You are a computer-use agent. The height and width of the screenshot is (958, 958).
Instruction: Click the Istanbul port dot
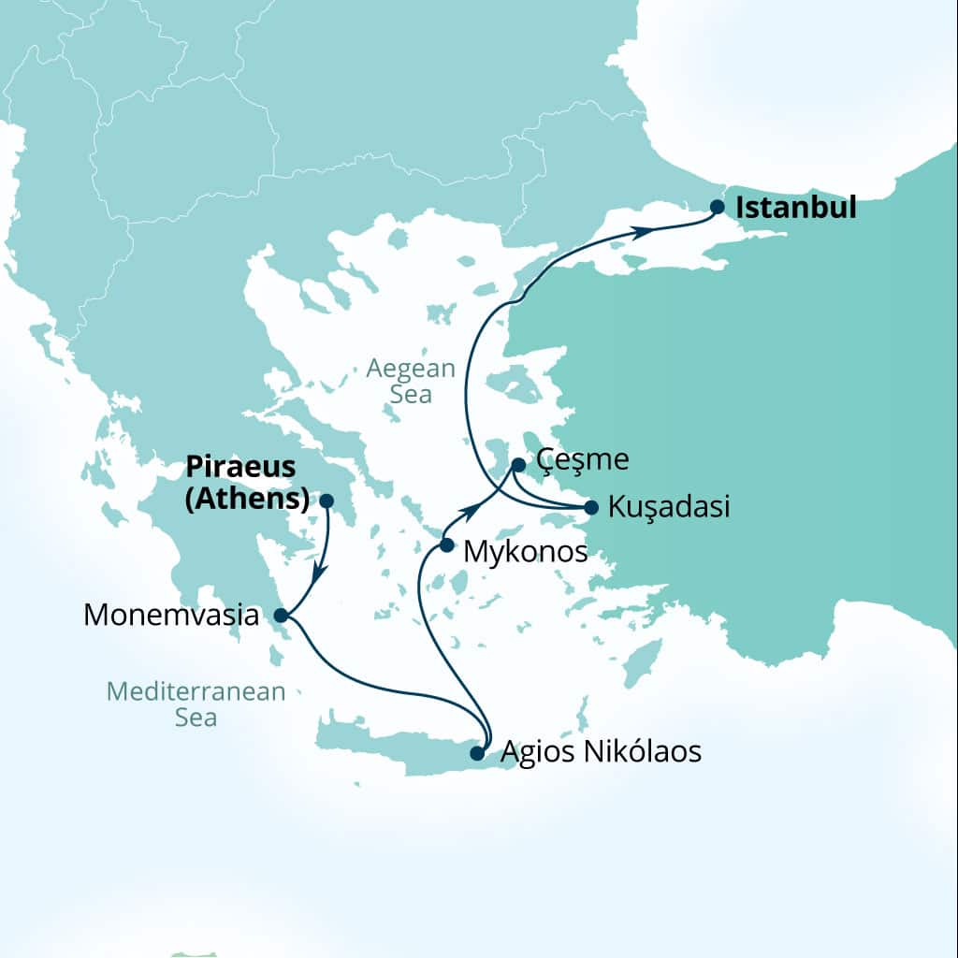718,207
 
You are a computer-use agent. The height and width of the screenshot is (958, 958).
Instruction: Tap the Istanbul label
796,207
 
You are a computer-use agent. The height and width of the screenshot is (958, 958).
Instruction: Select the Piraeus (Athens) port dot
327,501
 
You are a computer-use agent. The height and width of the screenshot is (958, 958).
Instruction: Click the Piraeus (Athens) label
248,483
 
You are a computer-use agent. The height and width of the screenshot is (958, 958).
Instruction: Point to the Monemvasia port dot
280,615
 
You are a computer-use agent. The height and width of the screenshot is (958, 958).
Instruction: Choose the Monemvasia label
170,615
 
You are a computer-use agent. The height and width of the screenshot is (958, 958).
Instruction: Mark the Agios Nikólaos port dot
477,752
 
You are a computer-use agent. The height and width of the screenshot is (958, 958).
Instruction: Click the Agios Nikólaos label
601,751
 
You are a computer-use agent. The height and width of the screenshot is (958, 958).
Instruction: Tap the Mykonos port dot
447,544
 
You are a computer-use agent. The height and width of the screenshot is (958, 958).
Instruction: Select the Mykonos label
526,552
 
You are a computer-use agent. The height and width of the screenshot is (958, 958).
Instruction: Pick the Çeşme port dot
518,464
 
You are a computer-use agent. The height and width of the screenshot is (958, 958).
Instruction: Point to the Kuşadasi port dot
590,508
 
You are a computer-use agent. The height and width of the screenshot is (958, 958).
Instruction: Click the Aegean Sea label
411,381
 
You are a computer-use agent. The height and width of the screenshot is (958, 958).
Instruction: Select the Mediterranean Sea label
196,704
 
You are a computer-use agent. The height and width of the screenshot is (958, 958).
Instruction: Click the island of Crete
393,745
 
